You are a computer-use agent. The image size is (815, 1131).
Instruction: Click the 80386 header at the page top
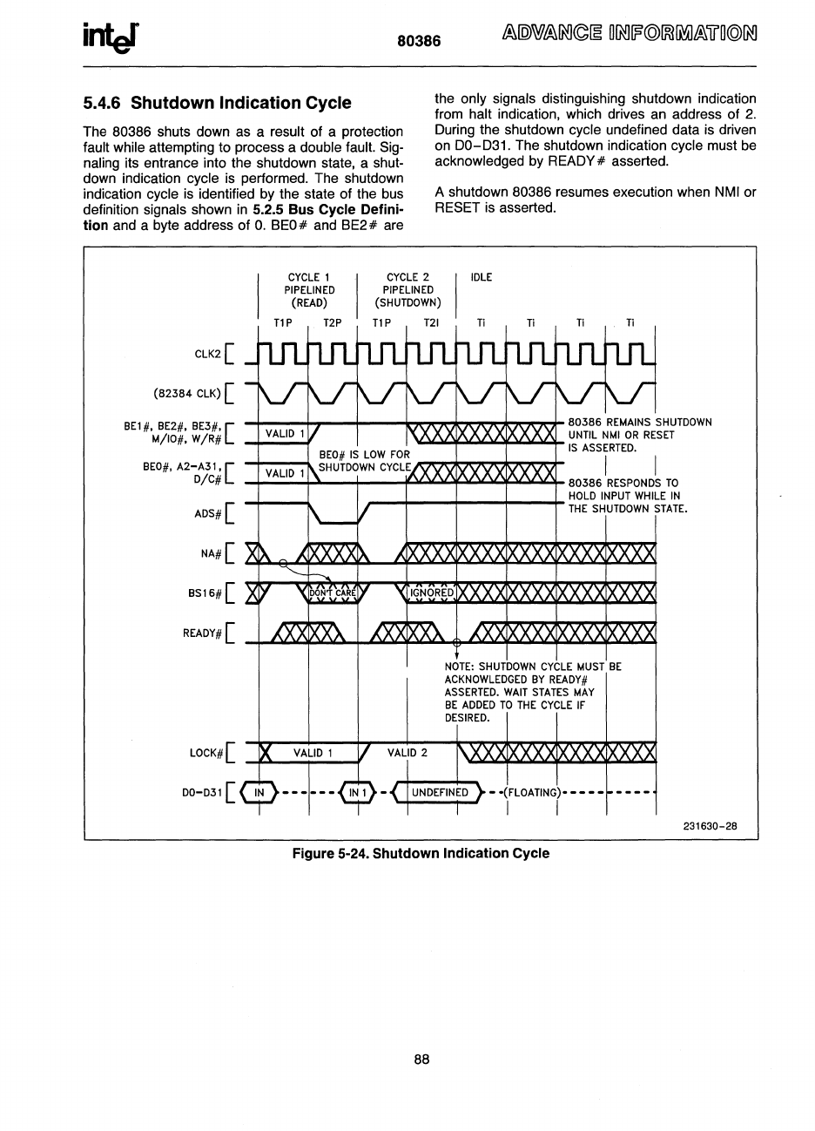[420, 41]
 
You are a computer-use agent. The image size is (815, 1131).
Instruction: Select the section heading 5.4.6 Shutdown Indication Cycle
[217, 103]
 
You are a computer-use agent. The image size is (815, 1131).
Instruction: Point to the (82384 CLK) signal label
[186, 392]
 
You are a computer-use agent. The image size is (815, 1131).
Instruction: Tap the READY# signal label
[203, 633]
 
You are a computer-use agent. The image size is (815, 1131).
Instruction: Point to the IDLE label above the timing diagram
[481, 277]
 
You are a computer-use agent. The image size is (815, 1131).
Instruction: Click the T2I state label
[431, 322]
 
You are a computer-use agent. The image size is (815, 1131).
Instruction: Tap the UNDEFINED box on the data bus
[440, 792]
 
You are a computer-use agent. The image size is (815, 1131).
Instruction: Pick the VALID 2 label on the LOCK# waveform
[407, 753]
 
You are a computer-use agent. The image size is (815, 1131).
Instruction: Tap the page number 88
[421, 1060]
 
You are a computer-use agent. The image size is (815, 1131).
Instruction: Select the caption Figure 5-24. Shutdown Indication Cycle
[421, 853]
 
